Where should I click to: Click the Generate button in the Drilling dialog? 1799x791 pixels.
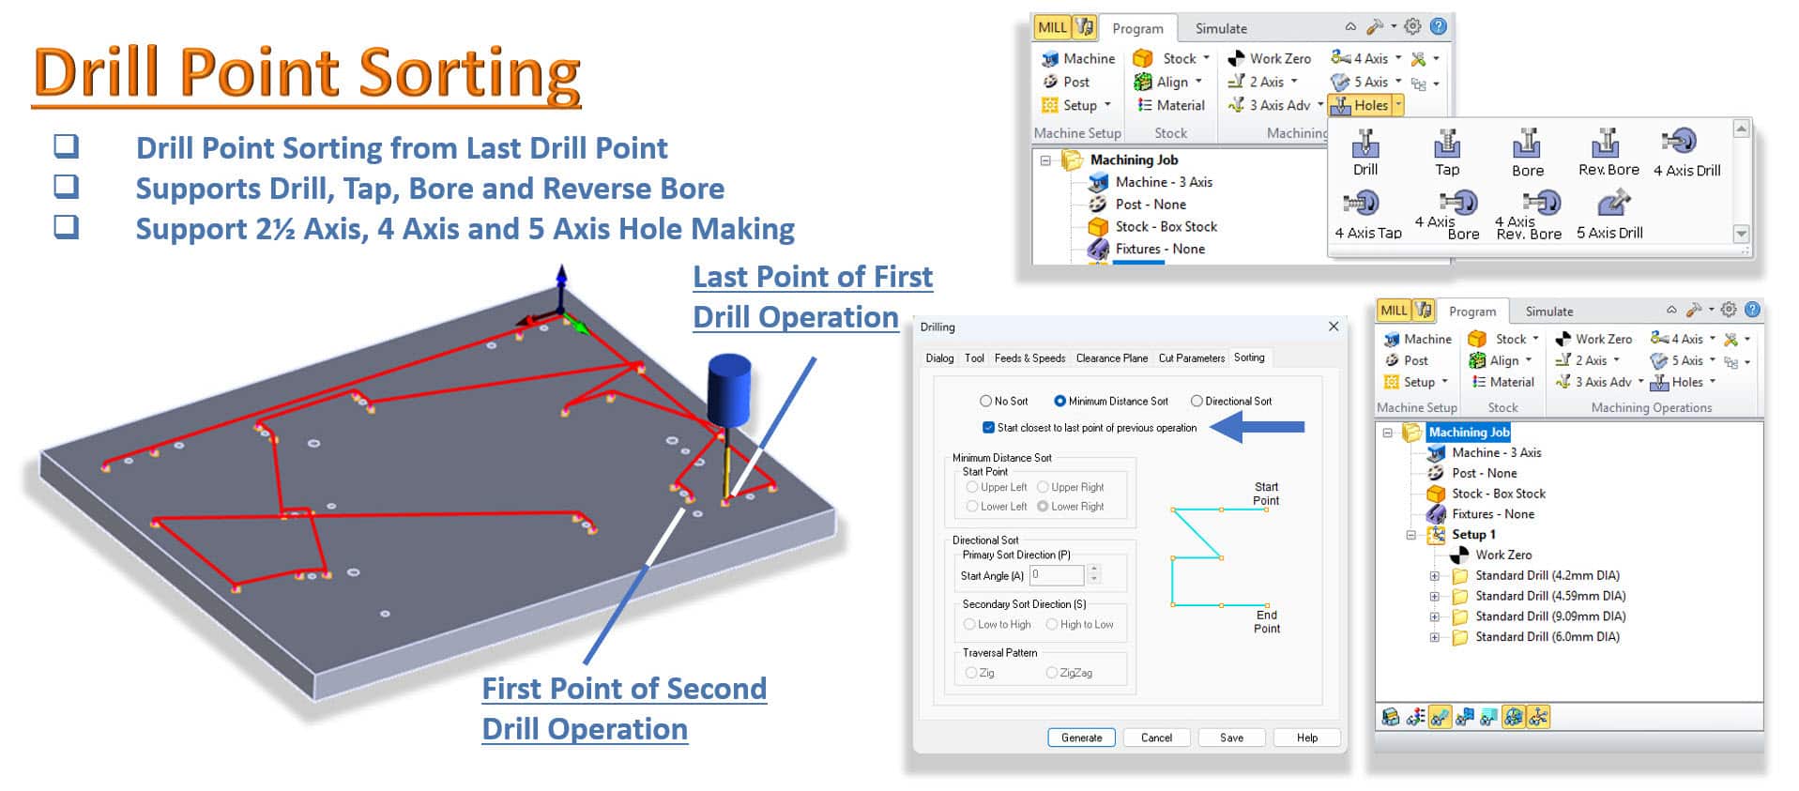point(1081,738)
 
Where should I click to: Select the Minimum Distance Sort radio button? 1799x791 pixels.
point(1060,401)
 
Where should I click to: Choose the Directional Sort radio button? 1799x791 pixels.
point(1197,401)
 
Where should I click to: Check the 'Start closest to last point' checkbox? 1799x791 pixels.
point(988,428)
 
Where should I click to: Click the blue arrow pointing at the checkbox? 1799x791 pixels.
point(1258,428)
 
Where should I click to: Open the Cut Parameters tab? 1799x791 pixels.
point(1191,357)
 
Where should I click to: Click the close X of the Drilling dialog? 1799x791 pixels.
point(1334,327)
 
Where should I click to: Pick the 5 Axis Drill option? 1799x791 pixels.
point(1610,216)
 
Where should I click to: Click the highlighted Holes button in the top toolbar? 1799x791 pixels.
point(1364,106)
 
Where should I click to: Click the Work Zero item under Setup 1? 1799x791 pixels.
point(1503,555)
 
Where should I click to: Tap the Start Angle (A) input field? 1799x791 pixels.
point(1057,575)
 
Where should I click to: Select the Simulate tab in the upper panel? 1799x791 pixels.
point(1221,28)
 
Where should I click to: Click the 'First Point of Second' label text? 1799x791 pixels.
point(624,689)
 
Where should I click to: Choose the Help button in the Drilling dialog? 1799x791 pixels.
point(1307,738)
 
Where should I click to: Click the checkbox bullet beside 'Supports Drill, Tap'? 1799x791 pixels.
point(66,186)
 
